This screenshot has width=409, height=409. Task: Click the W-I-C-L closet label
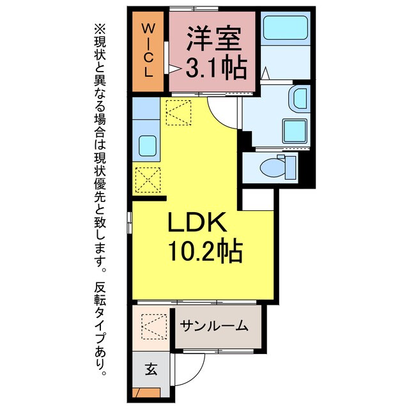coord(148,50)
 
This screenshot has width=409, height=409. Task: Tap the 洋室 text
coord(214,40)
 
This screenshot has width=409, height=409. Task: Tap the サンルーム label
coord(213,327)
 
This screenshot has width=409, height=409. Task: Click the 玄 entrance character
coord(151,369)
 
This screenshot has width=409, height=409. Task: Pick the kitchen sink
coord(147,145)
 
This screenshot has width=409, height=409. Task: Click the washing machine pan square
coord(296,132)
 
